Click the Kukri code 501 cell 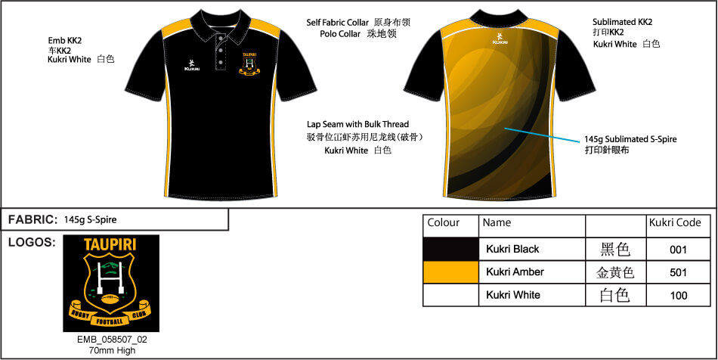(x=678, y=272)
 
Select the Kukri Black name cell (x=532, y=249)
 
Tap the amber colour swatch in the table (x=451, y=272)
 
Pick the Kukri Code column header (x=675, y=222)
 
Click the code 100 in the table (x=679, y=296)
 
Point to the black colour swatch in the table (x=451, y=249)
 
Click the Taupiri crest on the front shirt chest (x=249, y=64)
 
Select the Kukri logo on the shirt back (x=499, y=39)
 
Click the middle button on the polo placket (x=221, y=49)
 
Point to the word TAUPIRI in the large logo (x=110, y=245)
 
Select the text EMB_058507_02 (x=112, y=340)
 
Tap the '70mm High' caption (x=112, y=351)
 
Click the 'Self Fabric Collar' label (x=338, y=23)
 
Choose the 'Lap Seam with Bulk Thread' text (x=357, y=124)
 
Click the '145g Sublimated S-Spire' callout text (x=630, y=139)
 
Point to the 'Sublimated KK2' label (x=622, y=22)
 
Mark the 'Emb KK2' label (x=64, y=40)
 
